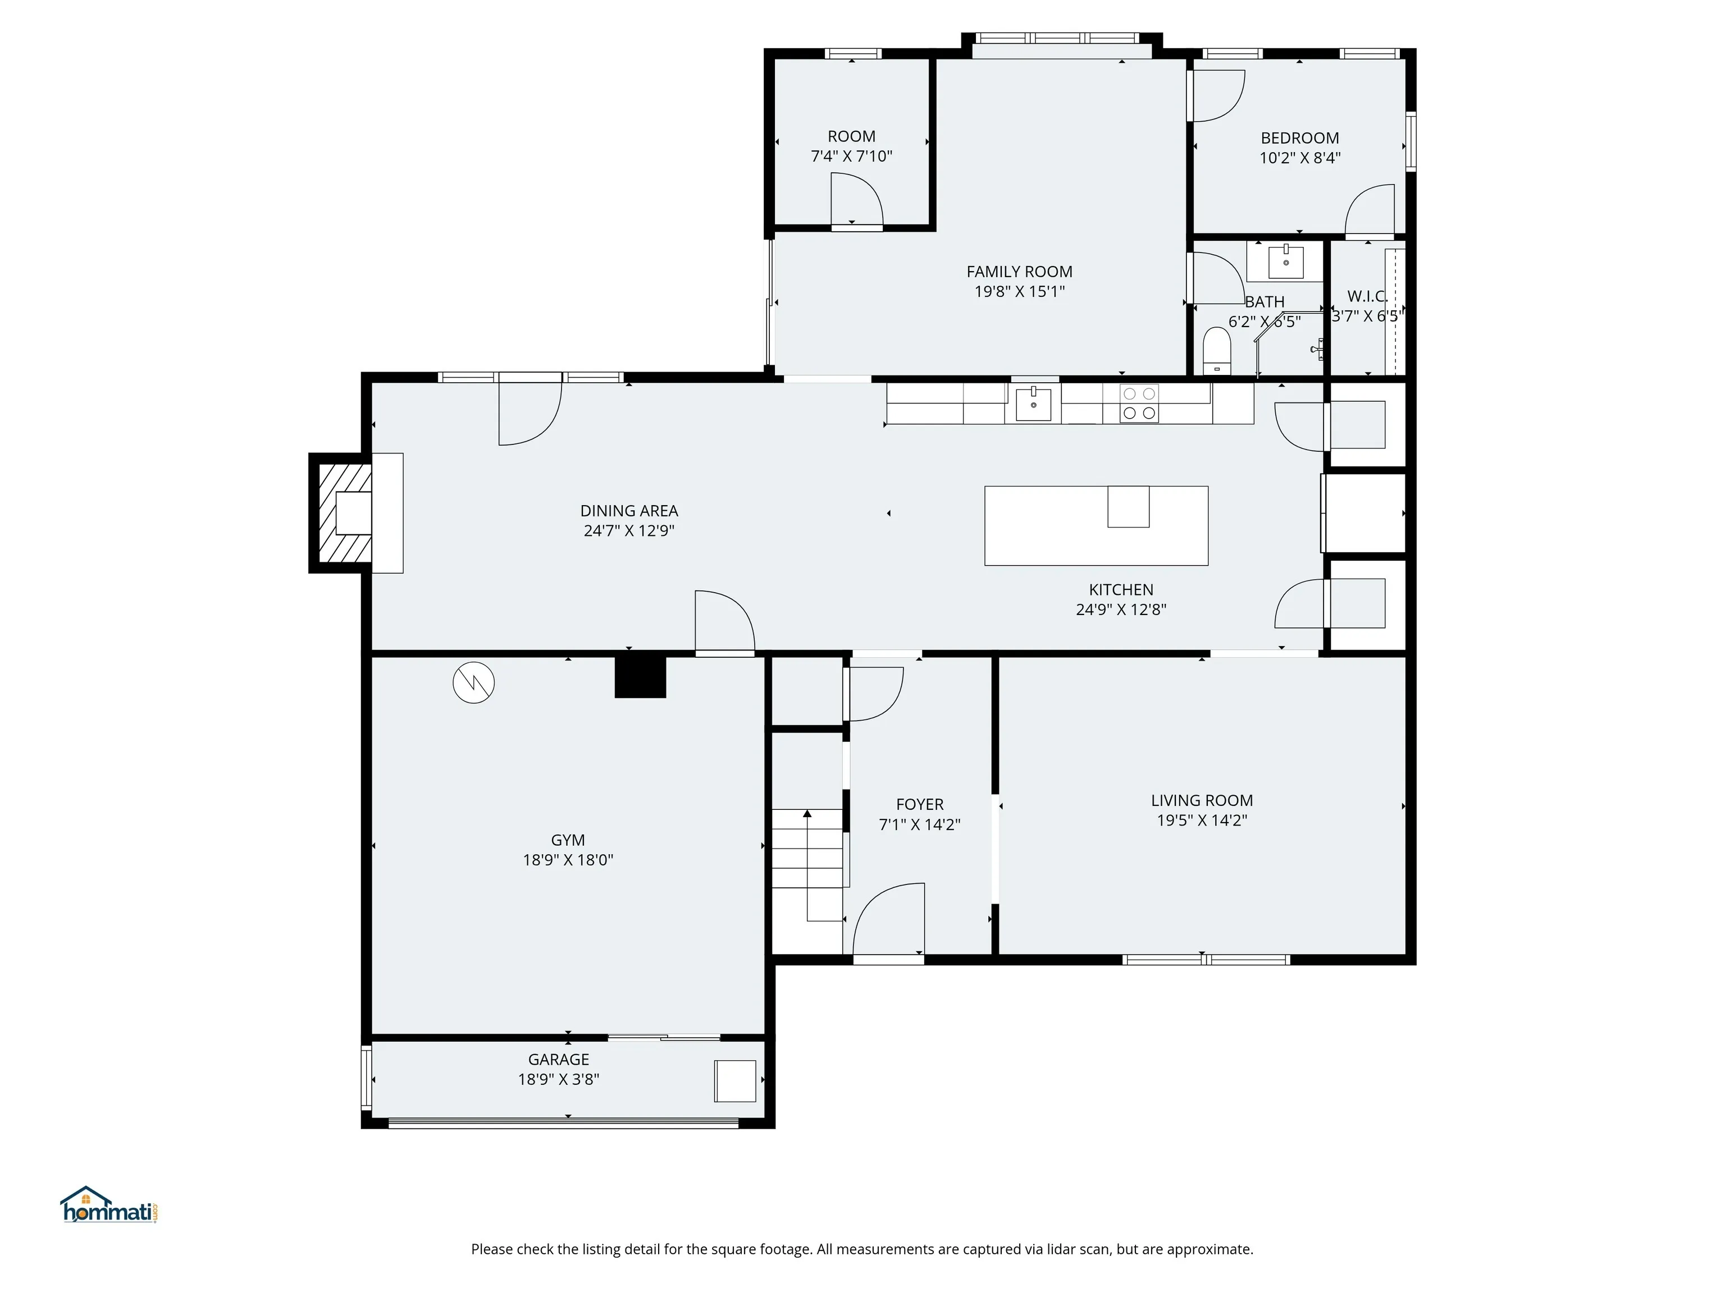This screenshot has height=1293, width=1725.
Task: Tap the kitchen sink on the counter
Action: pyautogui.click(x=1033, y=404)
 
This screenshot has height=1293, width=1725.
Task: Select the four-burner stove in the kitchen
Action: pyautogui.click(x=1139, y=404)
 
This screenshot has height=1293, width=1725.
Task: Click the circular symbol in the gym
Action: pyautogui.click(x=473, y=683)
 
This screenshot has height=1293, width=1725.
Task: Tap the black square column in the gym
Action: pyautogui.click(x=640, y=676)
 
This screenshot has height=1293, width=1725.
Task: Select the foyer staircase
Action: pyautogui.click(x=808, y=865)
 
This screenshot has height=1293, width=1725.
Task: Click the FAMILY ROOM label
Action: pyautogui.click(x=1019, y=272)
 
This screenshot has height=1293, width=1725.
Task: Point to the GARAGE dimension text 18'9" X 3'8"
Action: pyautogui.click(x=558, y=1079)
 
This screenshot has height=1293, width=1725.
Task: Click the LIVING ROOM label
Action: pyautogui.click(x=1202, y=800)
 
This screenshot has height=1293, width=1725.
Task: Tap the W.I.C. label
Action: pyautogui.click(x=1367, y=296)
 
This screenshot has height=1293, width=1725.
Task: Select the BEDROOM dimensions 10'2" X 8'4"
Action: pyautogui.click(x=1300, y=158)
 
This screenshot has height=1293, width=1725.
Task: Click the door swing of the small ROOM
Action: pyautogui.click(x=856, y=200)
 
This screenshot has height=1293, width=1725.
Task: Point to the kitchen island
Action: pyautogui.click(x=1097, y=525)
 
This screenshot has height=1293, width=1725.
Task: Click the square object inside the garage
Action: pyautogui.click(x=736, y=1081)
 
